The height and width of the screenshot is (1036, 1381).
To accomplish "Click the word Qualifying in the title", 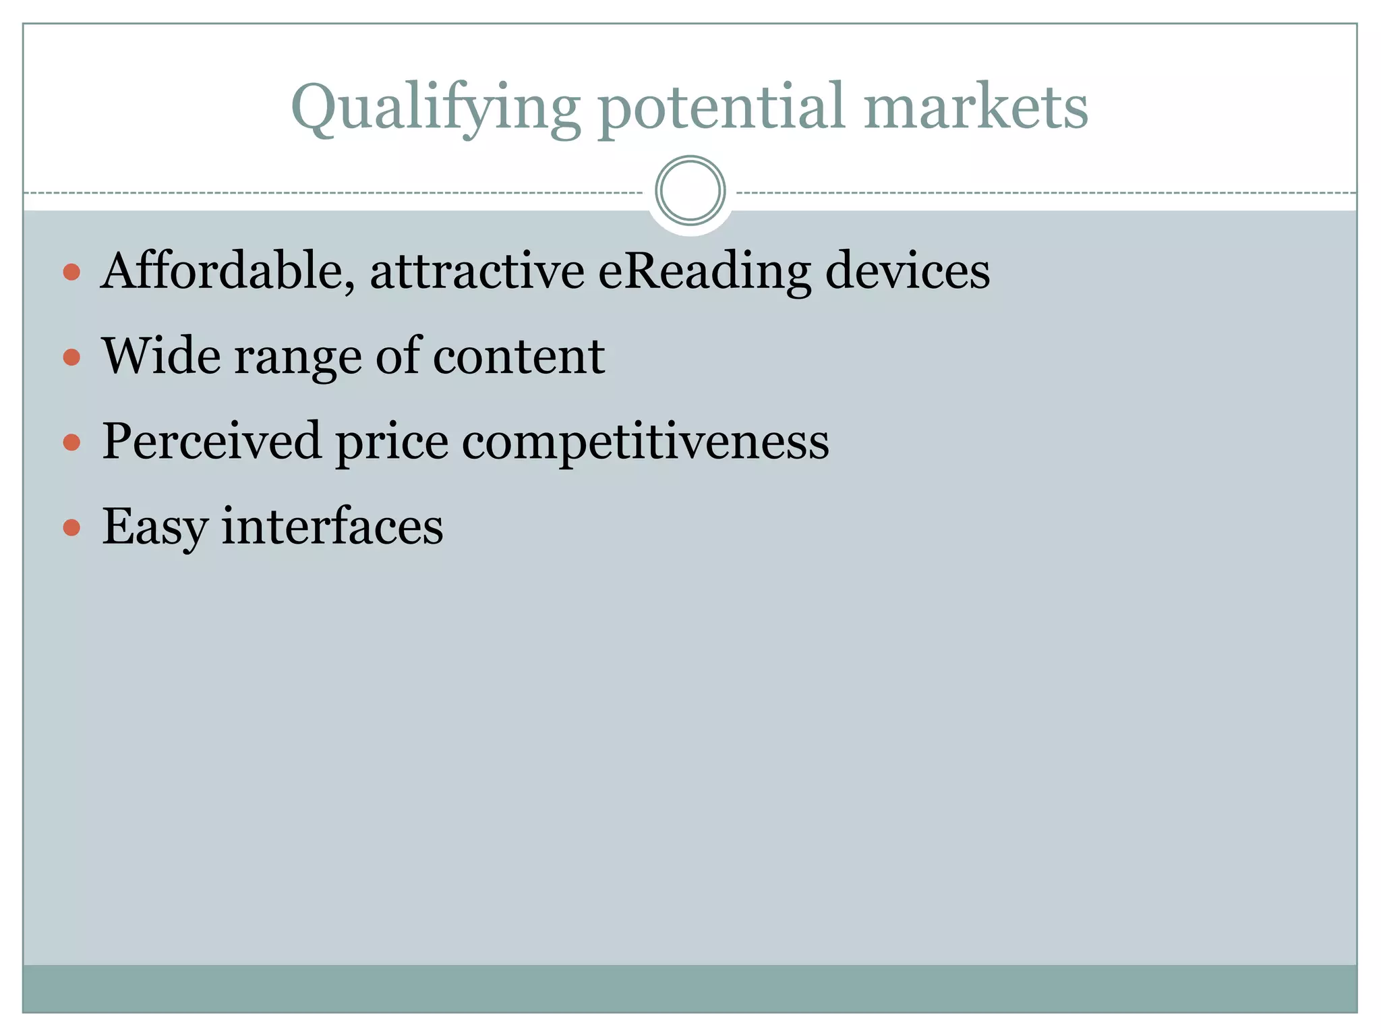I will [x=435, y=108].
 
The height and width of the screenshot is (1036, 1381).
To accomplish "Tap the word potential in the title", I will [x=722, y=108].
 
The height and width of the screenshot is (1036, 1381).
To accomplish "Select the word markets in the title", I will [x=976, y=108].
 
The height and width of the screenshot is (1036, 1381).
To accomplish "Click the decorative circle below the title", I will [x=690, y=190].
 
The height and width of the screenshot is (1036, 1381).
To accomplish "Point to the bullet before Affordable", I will [x=71, y=272].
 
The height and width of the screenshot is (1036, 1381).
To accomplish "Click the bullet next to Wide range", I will [x=71, y=357].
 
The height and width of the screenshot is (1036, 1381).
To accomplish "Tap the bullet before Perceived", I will [x=71, y=442].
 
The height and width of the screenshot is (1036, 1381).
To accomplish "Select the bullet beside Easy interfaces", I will [x=71, y=527].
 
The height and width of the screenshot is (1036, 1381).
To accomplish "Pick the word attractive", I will [x=477, y=271].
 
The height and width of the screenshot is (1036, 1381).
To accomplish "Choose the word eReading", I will [x=704, y=271].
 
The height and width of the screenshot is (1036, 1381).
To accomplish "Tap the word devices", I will [x=908, y=271].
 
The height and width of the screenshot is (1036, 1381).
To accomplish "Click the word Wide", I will [x=161, y=356].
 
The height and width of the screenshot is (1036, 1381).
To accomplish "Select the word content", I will [x=519, y=356].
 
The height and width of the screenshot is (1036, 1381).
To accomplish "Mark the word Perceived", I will [x=211, y=441].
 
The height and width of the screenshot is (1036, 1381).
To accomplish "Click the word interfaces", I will [x=332, y=526].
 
